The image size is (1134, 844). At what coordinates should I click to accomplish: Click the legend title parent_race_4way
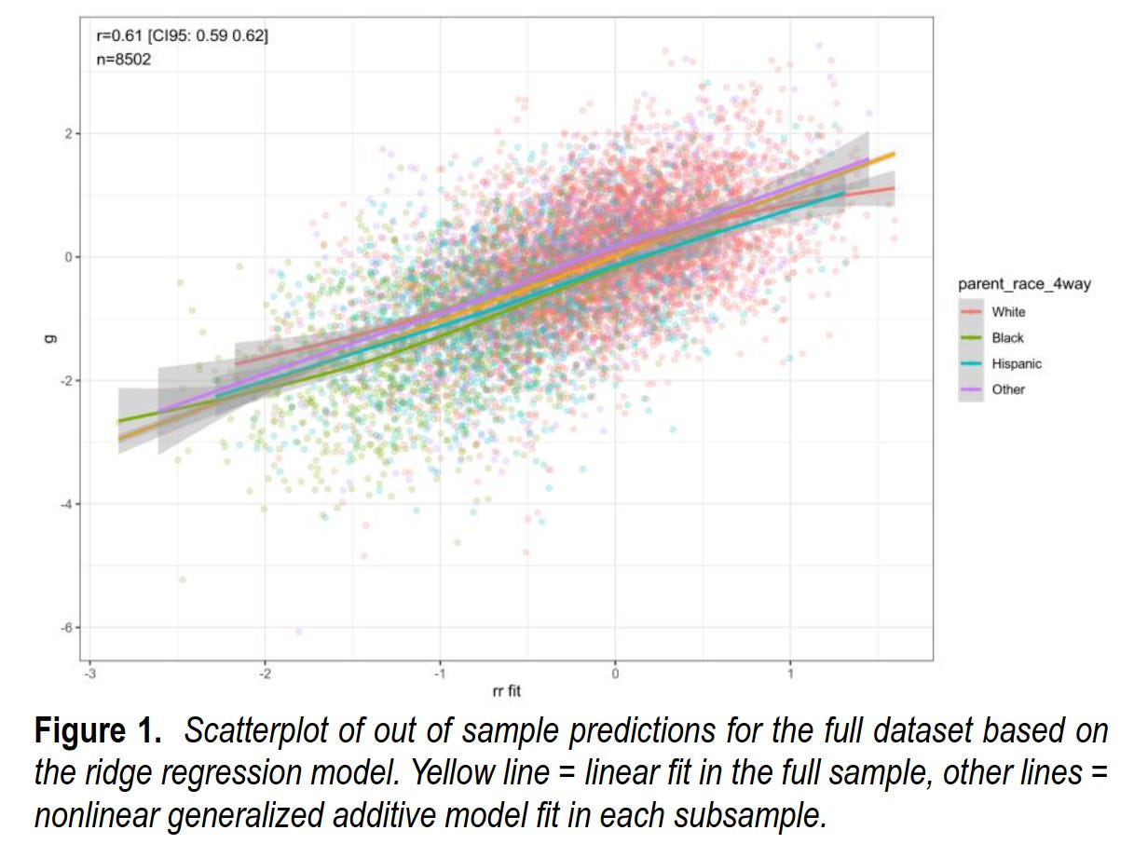click(1024, 285)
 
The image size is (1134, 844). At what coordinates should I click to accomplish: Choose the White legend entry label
click(1008, 312)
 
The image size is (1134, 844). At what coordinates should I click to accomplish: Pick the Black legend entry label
click(1007, 338)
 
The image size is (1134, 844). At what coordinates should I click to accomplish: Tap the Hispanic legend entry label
click(1017, 364)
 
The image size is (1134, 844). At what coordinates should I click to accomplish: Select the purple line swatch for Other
click(972, 389)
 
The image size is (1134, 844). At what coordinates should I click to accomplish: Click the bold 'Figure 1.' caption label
click(98, 731)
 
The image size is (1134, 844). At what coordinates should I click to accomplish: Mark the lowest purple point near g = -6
click(299, 632)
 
